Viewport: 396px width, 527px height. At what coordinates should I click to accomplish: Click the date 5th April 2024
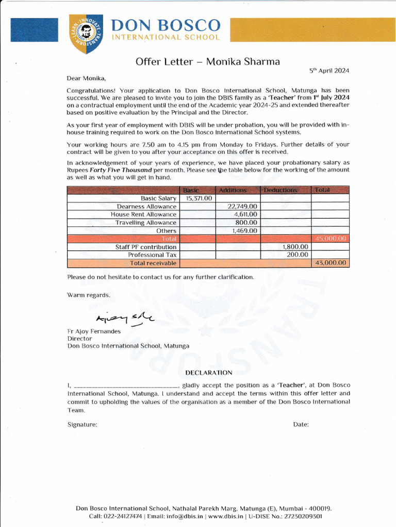click(x=329, y=71)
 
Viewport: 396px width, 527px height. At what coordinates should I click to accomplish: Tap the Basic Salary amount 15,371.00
click(x=199, y=198)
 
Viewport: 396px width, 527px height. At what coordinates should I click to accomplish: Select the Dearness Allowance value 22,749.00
click(x=242, y=206)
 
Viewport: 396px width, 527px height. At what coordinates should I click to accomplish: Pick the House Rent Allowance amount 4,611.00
click(x=245, y=215)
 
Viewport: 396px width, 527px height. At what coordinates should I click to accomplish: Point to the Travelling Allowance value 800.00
click(x=246, y=223)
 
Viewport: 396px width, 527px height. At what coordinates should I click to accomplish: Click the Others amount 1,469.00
click(x=245, y=231)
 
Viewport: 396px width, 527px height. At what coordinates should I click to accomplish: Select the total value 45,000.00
click(x=331, y=239)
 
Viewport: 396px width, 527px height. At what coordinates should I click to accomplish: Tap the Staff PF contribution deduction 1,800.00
click(x=295, y=247)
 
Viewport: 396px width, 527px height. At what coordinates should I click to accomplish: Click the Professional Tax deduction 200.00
click(x=298, y=255)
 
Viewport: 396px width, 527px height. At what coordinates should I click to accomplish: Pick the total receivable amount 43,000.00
click(x=331, y=263)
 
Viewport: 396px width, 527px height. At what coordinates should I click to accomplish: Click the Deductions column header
click(x=280, y=190)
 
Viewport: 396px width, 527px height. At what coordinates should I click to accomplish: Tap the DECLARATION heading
click(x=208, y=373)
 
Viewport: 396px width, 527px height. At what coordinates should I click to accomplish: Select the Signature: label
click(x=82, y=425)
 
